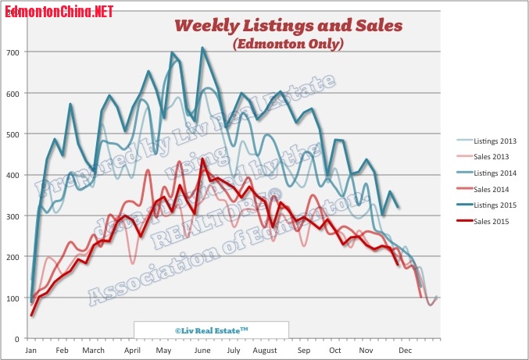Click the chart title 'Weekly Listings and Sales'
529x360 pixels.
point(288,26)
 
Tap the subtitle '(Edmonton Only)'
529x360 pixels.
point(288,45)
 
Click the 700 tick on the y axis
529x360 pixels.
point(15,52)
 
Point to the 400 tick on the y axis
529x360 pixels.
point(15,175)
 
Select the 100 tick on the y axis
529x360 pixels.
point(15,298)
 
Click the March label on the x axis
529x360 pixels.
point(93,351)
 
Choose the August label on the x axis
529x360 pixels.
point(266,351)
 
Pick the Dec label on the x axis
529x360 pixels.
point(406,351)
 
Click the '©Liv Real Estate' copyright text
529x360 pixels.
point(211,330)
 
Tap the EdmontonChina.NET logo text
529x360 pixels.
point(58,11)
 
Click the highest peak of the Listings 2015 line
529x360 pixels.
point(203,48)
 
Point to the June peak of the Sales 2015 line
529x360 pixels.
point(203,160)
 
